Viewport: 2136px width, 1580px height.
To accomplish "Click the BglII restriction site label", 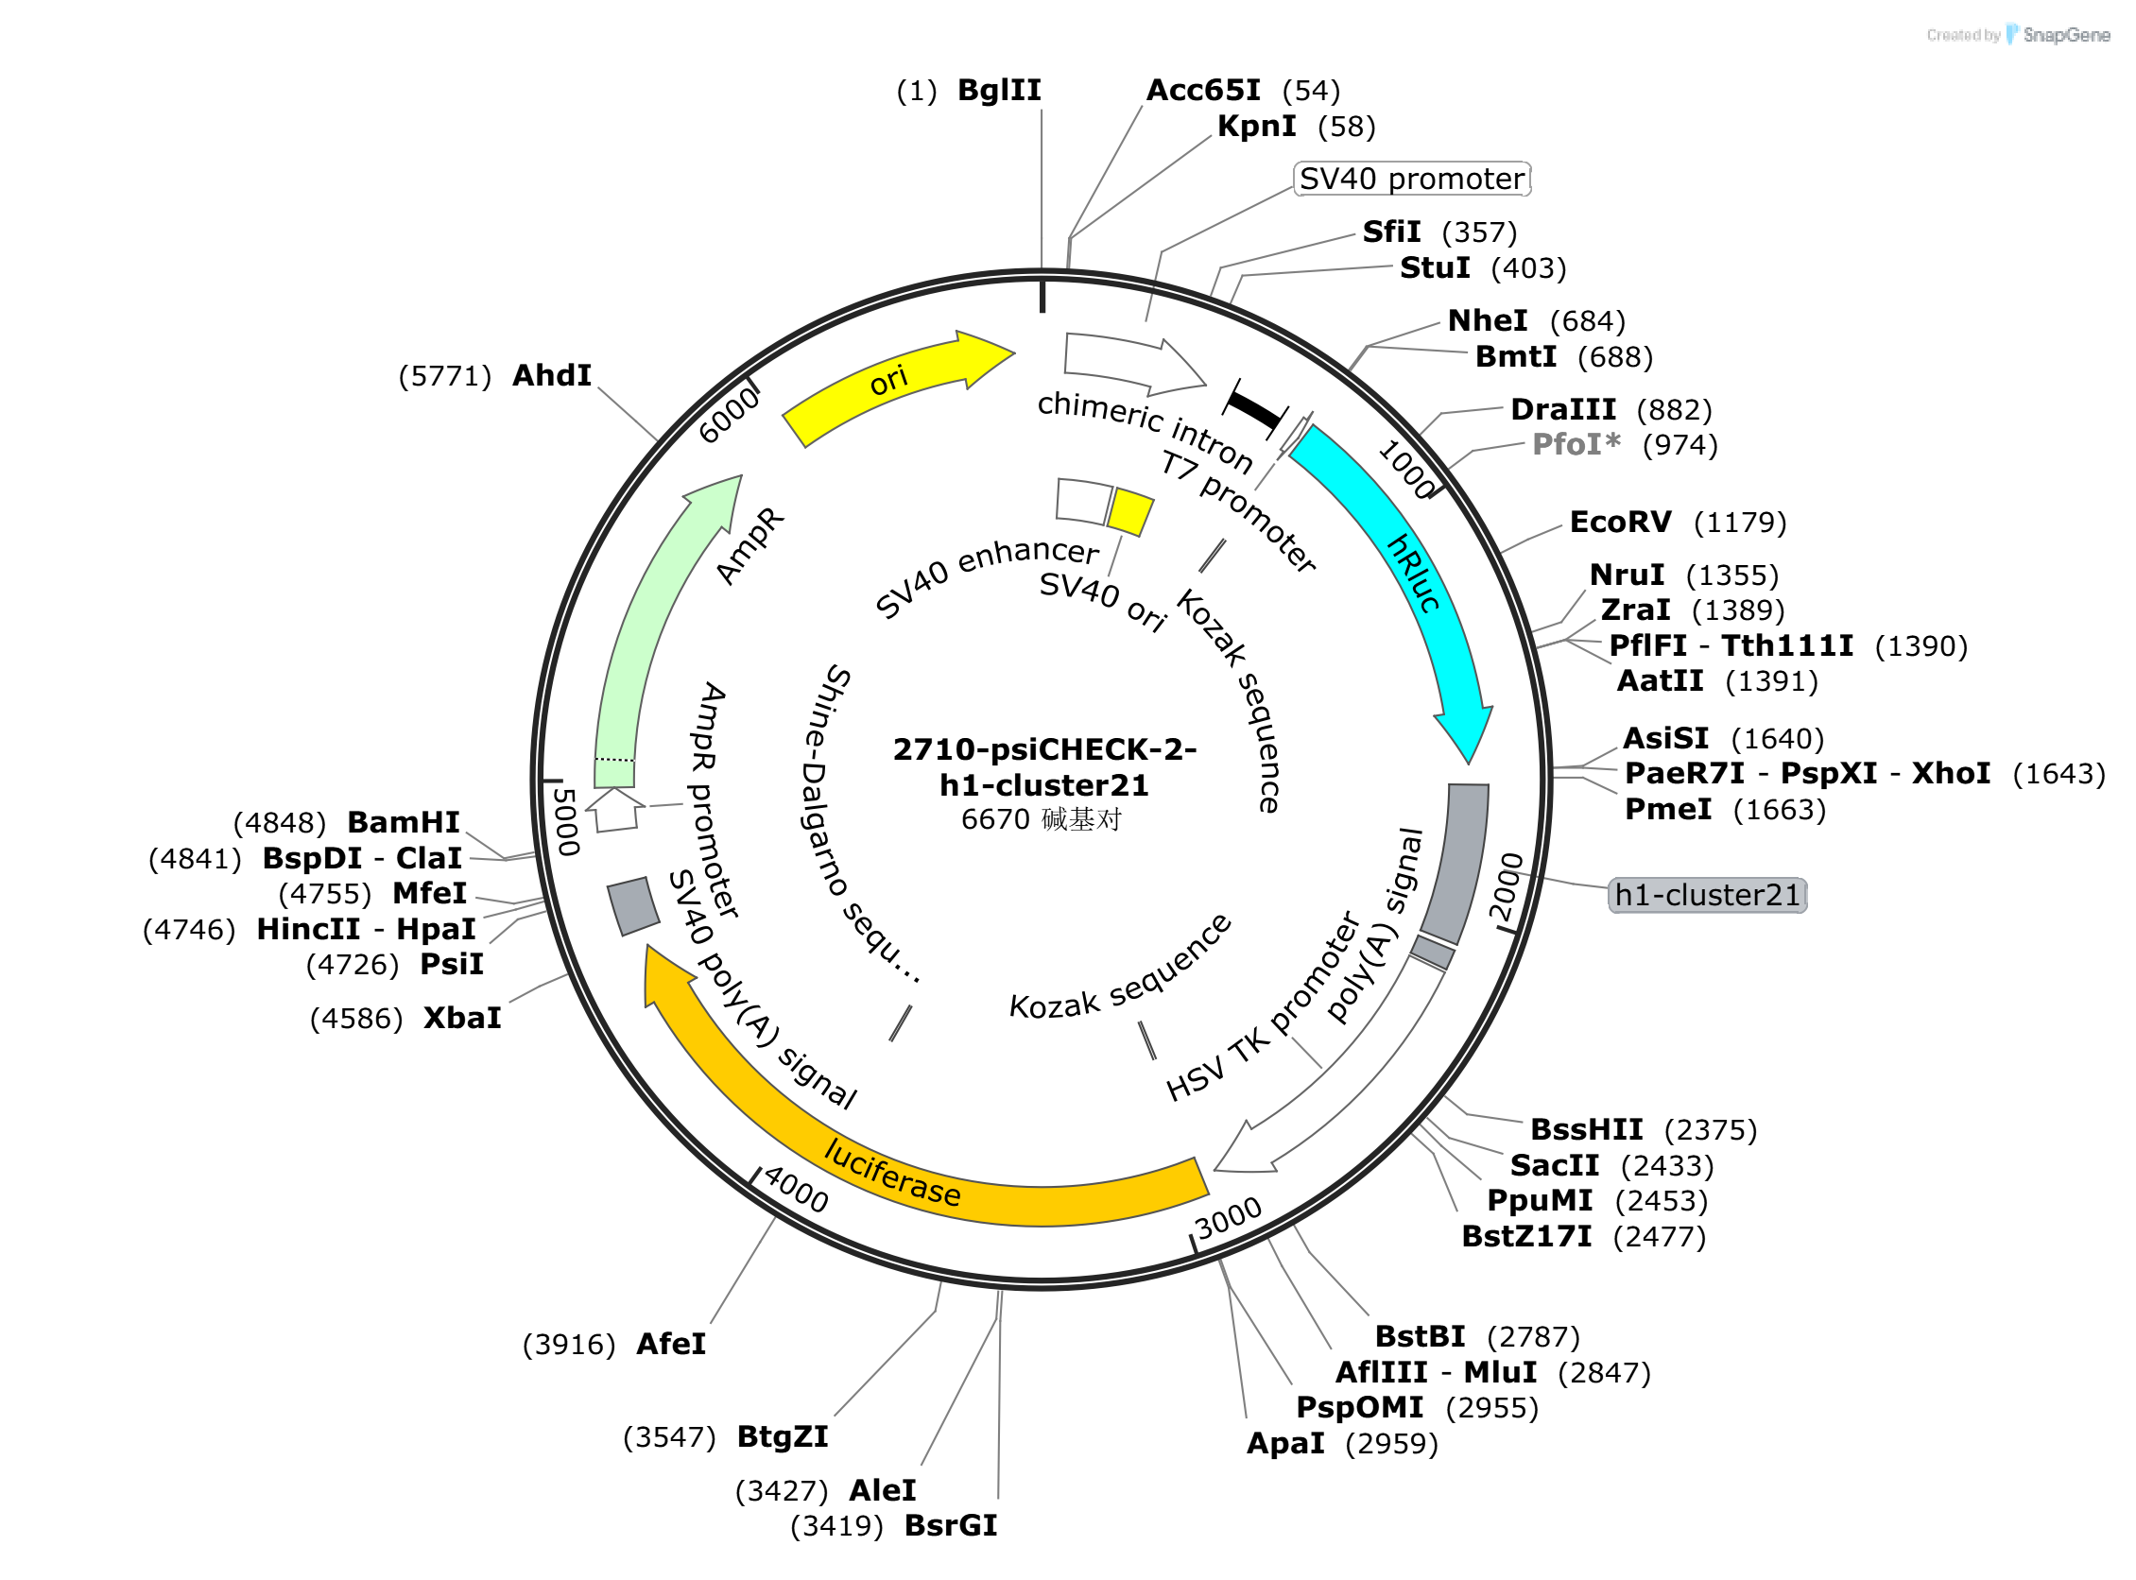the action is [1000, 91].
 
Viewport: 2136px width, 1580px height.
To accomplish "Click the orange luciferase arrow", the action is [861, 1148].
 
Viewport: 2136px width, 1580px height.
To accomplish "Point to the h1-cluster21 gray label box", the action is [1709, 896].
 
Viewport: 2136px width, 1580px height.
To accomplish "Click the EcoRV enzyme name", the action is [1621, 524].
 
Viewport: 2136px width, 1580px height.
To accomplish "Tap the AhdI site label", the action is [552, 376].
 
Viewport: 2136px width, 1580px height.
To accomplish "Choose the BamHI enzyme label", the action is [404, 823].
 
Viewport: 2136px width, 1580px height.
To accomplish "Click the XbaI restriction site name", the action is [463, 1019].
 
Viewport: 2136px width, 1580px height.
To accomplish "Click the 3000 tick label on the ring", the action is [1230, 1218].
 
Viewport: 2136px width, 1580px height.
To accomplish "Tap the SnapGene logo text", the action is [2067, 35].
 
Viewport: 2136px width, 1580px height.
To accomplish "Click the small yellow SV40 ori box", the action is [1130, 512].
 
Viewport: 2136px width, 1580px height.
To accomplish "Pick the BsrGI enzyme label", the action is [951, 1527].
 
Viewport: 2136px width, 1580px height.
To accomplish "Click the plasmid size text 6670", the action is [995, 820].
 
